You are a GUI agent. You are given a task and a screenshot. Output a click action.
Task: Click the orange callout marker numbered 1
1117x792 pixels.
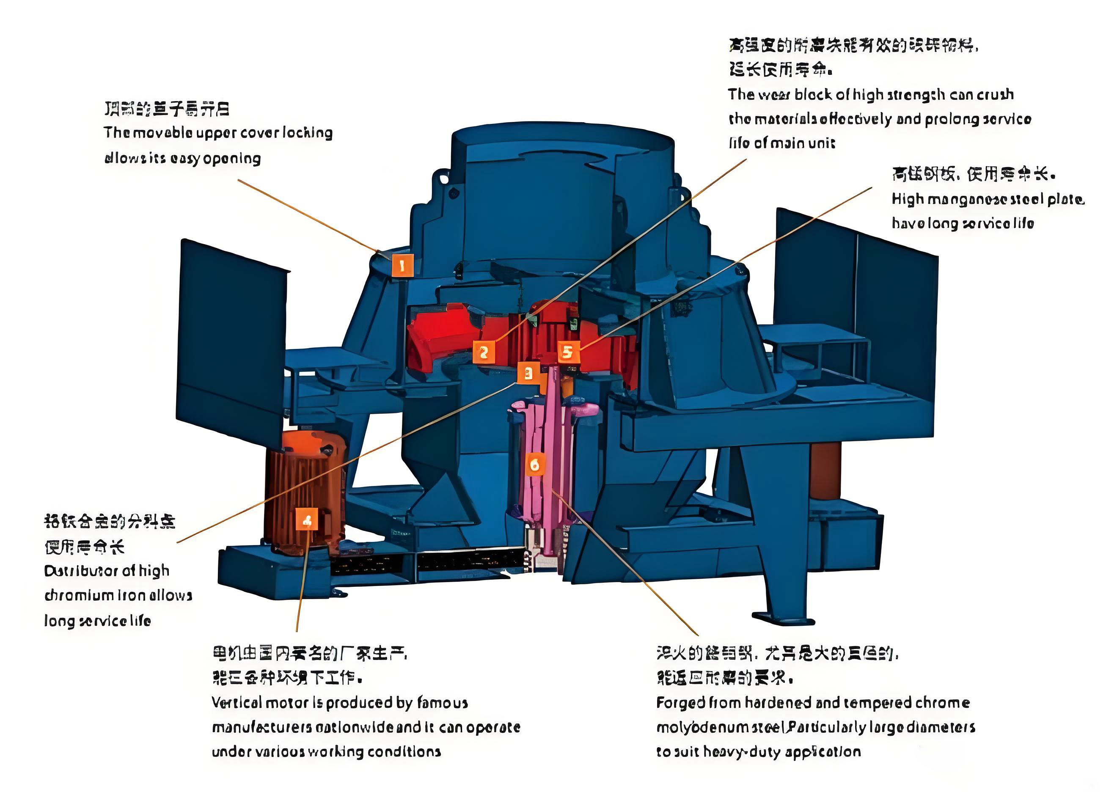[402, 266]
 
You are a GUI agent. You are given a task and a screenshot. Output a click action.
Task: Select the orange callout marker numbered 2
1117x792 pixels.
[483, 352]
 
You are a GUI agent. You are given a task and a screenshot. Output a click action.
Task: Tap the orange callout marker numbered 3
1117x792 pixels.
[528, 374]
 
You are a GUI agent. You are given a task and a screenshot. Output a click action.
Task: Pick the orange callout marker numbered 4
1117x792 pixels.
[307, 520]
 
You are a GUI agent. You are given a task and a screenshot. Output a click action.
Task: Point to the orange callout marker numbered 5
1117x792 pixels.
[568, 352]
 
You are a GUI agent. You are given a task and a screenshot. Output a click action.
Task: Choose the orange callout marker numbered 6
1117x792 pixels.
[535, 464]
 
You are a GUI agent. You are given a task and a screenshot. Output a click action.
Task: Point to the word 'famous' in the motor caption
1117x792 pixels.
[443, 702]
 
